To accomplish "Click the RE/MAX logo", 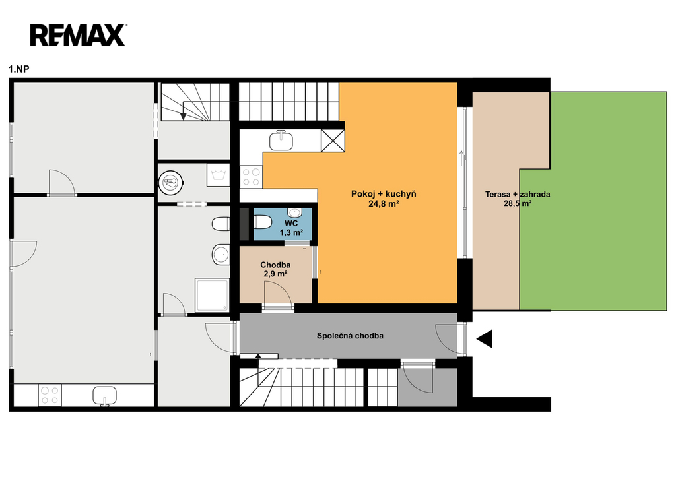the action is click(x=78, y=36).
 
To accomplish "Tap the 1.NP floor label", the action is click(x=19, y=69).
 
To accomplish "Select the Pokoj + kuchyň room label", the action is click(x=384, y=194).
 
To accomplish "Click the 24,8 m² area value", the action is click(x=384, y=204).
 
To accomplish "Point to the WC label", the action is click(x=291, y=224).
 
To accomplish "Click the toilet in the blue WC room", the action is click(x=262, y=222).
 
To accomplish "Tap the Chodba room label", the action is click(x=275, y=265).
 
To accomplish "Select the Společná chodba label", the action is click(x=350, y=336).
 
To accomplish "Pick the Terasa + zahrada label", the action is click(x=518, y=194).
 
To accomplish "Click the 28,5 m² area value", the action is click(x=518, y=203).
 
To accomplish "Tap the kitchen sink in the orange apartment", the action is click(x=281, y=140).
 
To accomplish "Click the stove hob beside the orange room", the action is click(x=251, y=177).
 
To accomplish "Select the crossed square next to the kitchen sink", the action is click(x=333, y=141).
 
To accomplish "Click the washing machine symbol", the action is click(x=218, y=175).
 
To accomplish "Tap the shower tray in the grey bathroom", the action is click(x=212, y=295).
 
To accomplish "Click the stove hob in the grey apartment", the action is click(x=50, y=395).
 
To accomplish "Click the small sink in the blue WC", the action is click(x=295, y=212).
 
